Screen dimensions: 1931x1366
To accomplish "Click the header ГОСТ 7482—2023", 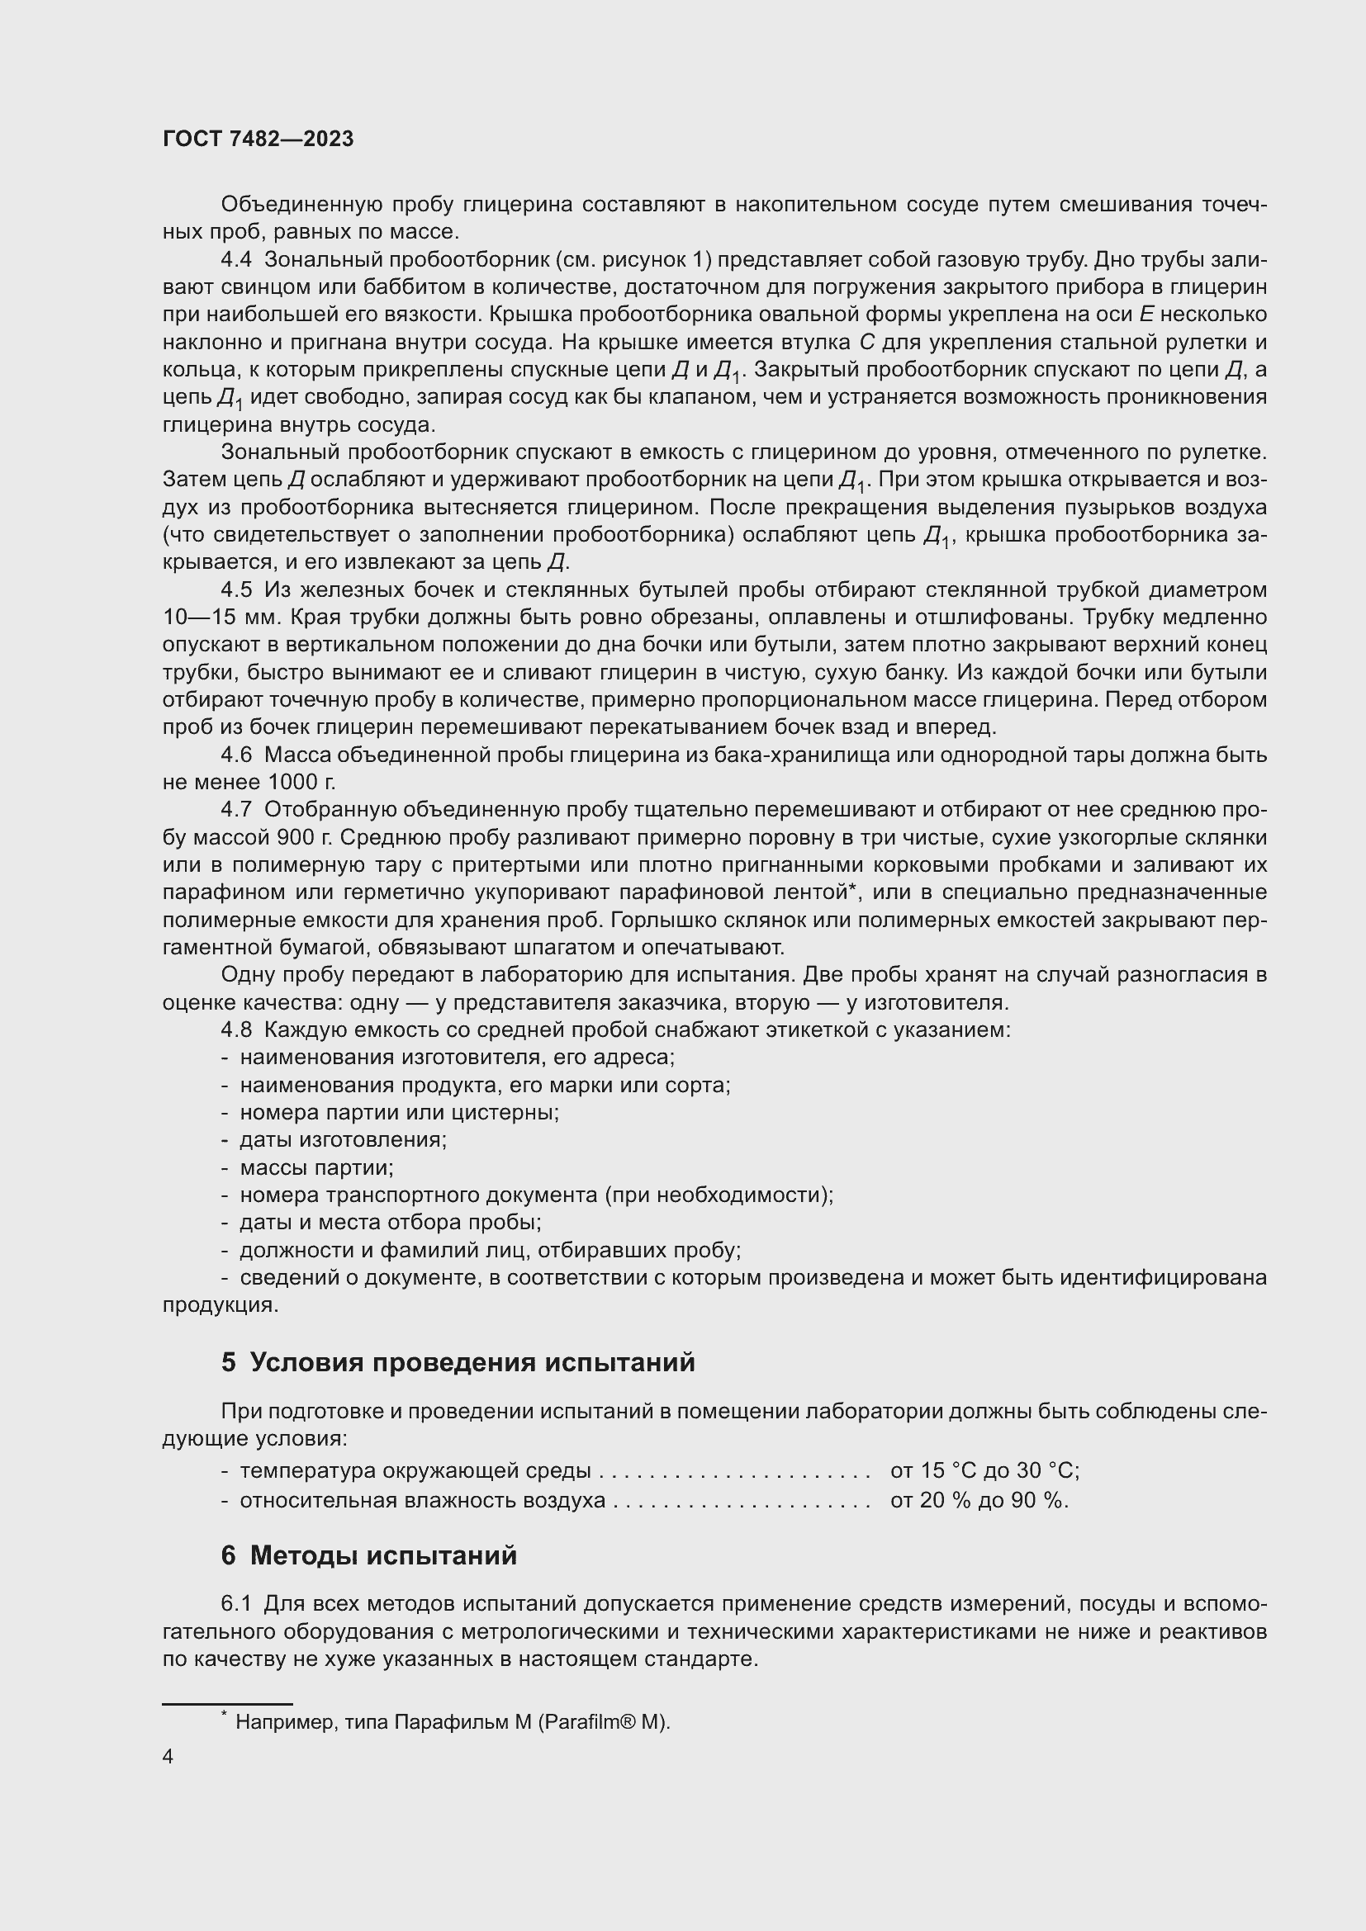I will tap(258, 140).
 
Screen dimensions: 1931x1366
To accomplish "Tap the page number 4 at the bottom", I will tap(168, 1757).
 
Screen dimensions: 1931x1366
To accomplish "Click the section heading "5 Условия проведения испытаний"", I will tap(458, 1361).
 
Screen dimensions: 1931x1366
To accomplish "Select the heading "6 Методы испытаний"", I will tap(369, 1555).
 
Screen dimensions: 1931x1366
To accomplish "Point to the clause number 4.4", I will tap(236, 260).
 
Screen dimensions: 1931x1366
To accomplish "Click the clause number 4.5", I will tap(236, 590).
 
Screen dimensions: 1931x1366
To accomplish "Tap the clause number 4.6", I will tap(236, 755).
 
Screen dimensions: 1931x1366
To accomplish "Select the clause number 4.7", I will tap(236, 810).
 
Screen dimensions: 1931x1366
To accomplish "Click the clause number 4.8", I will tap(236, 1030).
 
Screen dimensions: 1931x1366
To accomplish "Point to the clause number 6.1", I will tap(236, 1605).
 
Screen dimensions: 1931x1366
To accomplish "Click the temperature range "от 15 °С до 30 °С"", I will tap(984, 1471).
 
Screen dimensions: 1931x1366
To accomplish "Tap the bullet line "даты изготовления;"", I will tap(344, 1140).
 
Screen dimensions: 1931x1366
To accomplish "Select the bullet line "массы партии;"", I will tap(317, 1168).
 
